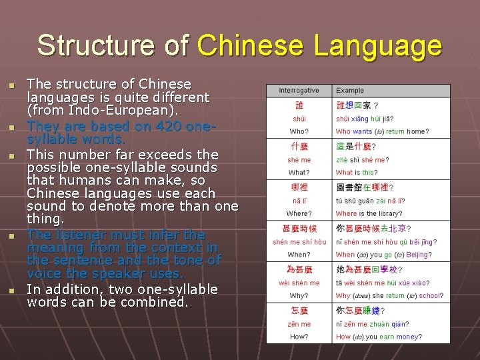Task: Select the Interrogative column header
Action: point(299,91)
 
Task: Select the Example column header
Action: point(350,91)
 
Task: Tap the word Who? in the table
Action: point(299,132)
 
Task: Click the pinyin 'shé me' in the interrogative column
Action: point(299,160)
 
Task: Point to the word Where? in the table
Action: point(299,213)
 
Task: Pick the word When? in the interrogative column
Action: point(299,254)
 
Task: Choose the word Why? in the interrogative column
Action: point(299,295)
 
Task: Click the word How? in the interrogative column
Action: point(299,337)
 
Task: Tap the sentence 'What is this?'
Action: point(356,173)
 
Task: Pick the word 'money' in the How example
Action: point(408,337)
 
